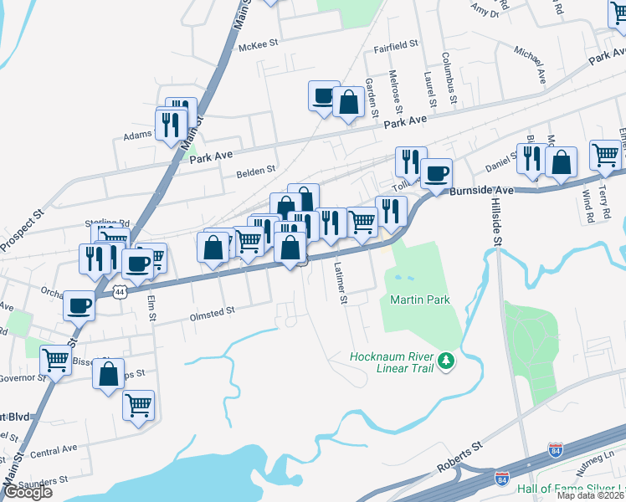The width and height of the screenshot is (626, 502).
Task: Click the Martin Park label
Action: pyautogui.click(x=420, y=300)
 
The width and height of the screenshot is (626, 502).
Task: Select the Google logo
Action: pyautogui.click(x=28, y=492)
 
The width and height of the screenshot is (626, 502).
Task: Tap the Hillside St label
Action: pyautogui.click(x=495, y=224)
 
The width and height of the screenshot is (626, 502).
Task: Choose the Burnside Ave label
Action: pyautogui.click(x=480, y=191)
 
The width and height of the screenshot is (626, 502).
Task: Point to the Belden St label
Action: pyautogui.click(x=258, y=170)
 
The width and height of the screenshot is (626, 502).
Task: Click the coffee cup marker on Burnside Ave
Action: pyautogui.click(x=435, y=174)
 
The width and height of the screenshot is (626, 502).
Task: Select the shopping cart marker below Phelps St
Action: pyautogui.click(x=138, y=405)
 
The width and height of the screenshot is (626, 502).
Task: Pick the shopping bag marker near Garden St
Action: pyautogui.click(x=347, y=102)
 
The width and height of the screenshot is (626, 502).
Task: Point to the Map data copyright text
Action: pyautogui.click(x=591, y=495)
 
